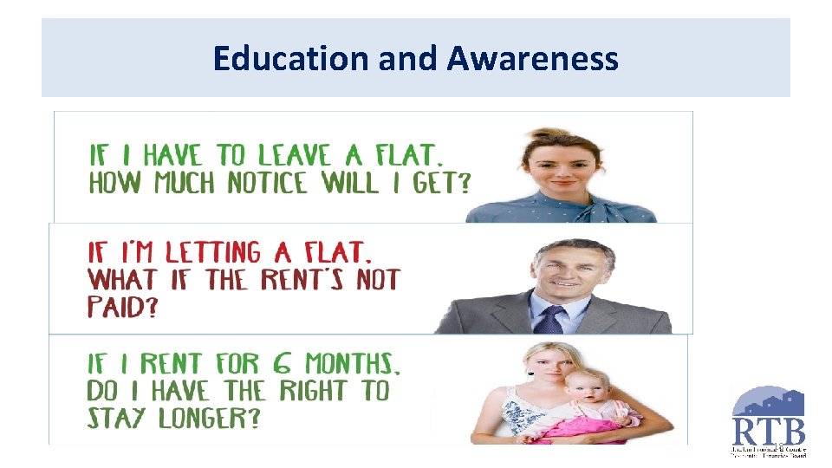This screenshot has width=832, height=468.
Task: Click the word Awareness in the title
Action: tap(533, 59)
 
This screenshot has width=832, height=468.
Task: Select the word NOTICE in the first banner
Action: tap(267, 184)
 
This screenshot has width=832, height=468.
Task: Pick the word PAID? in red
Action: tap(122, 309)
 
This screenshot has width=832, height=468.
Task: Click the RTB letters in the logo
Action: tap(770, 431)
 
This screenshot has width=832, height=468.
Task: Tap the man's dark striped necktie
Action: tap(552, 320)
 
